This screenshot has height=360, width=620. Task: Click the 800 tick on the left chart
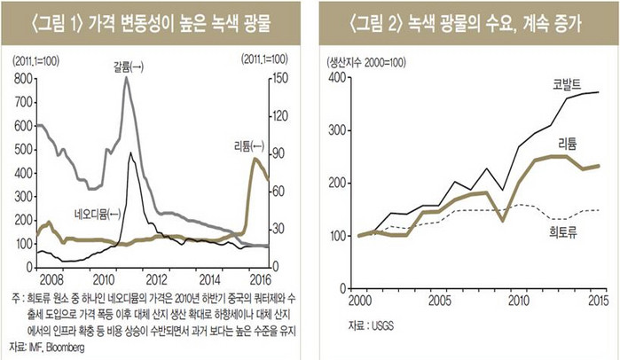pyautogui.click(x=20, y=79)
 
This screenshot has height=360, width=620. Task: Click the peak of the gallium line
pyautogui.click(x=126, y=78)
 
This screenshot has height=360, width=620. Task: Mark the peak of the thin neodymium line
pyautogui.click(x=130, y=153)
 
